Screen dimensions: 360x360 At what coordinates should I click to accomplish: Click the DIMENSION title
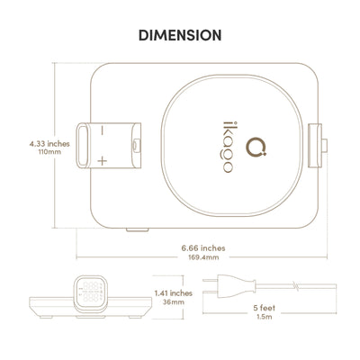pos(179,36)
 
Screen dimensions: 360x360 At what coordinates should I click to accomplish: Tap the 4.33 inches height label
pos(30,142)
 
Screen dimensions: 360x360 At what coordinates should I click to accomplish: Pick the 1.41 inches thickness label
pos(173,292)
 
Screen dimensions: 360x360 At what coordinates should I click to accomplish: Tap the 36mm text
pos(173,303)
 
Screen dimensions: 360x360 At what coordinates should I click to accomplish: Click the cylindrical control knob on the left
pos(108,145)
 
